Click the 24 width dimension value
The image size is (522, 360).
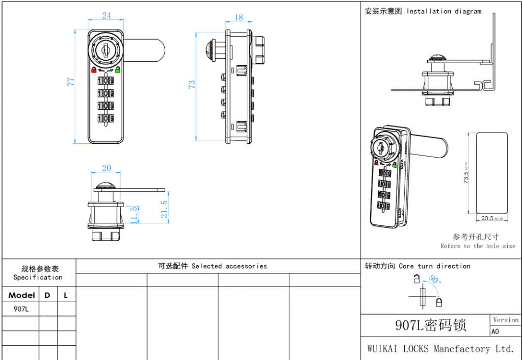click(107, 16)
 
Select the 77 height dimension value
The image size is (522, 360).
click(71, 82)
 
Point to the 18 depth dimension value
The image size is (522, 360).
click(239, 18)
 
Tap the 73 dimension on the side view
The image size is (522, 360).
click(192, 84)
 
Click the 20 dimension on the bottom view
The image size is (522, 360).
click(107, 168)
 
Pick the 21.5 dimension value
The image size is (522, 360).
click(165, 209)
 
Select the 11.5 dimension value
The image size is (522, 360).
click(134, 215)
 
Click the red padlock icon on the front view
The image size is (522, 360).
click(94, 70)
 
